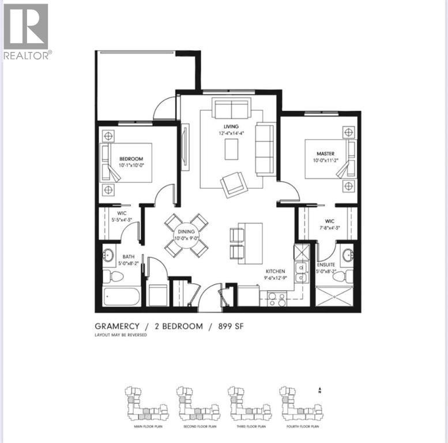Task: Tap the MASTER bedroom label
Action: click(325, 153)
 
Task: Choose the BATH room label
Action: click(129, 257)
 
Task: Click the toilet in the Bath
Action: click(116, 276)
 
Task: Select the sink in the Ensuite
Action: click(347, 255)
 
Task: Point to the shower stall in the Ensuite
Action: click(337, 298)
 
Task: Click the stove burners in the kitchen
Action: click(276, 299)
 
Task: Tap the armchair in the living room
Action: click(234, 184)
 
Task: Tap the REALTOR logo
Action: click(27, 31)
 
